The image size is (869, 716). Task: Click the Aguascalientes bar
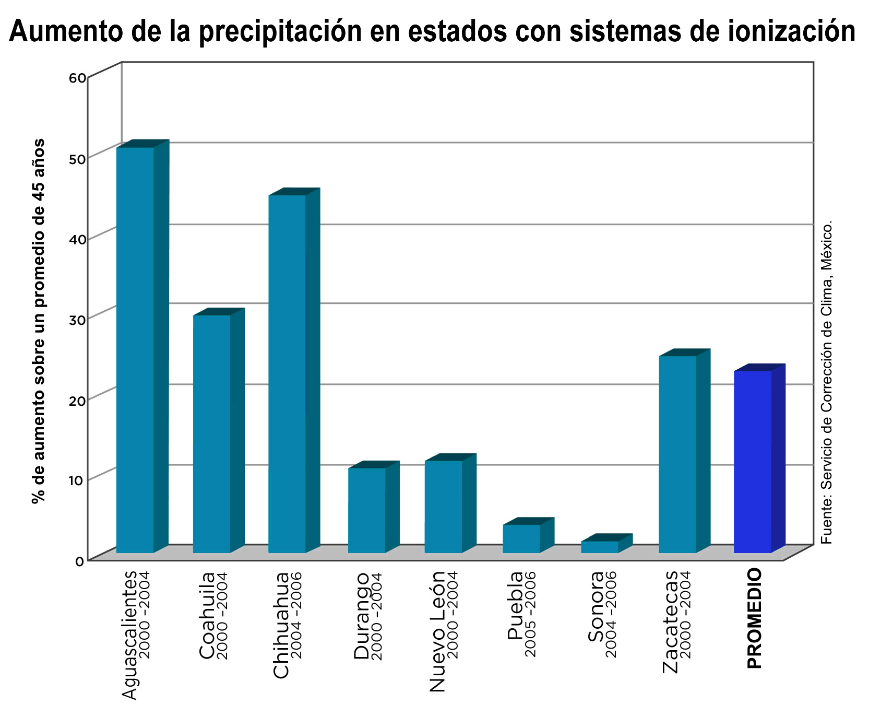135,350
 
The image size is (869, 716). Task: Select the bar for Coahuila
211,433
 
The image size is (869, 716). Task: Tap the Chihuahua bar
287,373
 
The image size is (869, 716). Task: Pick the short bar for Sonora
600,547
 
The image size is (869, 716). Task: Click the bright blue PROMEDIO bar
752,462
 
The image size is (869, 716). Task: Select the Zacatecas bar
677,454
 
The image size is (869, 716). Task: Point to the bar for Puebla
521,538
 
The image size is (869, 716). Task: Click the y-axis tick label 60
77,78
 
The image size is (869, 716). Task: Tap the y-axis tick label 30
77,319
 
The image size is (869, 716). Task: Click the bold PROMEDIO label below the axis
754,619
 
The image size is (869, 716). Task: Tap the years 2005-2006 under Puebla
530,614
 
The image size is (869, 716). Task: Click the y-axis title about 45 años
38,321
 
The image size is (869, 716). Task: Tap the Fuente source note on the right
826,381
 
